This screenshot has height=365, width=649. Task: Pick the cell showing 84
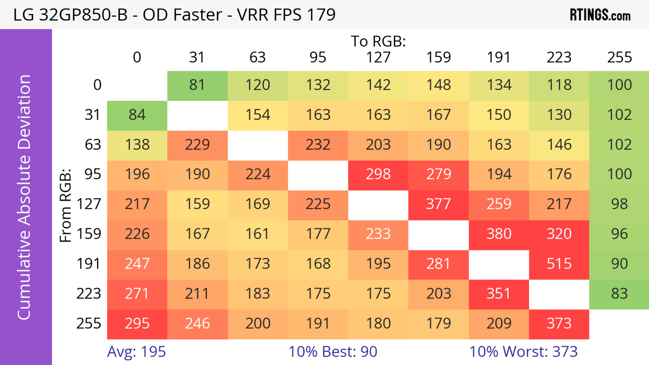tap(137, 115)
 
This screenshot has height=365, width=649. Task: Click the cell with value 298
tap(378, 174)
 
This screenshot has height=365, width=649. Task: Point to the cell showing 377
tap(438, 204)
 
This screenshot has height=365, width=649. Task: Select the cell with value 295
tap(137, 323)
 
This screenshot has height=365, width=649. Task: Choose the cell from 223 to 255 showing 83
tap(619, 294)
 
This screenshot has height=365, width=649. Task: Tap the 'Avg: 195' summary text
tap(136, 352)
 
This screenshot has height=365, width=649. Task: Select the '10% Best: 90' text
tap(333, 352)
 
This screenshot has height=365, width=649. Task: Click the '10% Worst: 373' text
tap(523, 352)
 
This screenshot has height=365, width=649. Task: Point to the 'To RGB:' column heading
tap(378, 41)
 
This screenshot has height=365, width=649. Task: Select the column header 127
tap(378, 57)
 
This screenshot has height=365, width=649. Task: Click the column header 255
tap(619, 57)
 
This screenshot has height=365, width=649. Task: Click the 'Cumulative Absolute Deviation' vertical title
tap(25, 197)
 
